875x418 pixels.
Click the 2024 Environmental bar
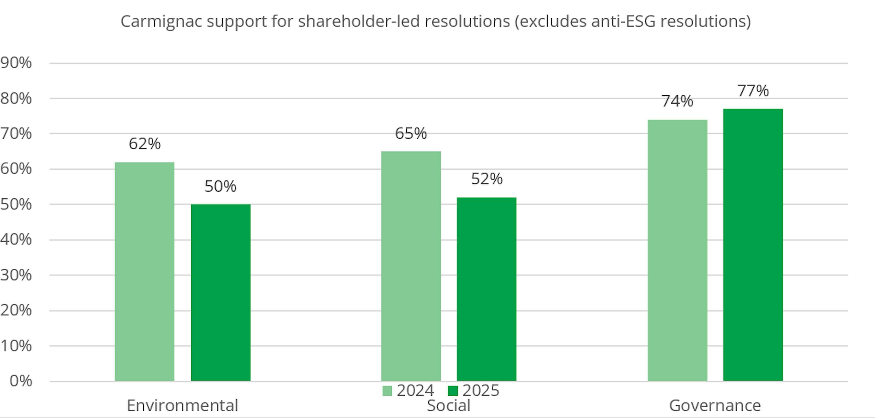click(144, 272)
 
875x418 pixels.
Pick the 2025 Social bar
click(486, 289)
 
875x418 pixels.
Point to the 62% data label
click(144, 144)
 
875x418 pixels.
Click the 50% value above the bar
click(220, 186)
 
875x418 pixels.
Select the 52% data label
click(486, 179)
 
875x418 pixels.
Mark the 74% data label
click(677, 101)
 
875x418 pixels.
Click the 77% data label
click(753, 91)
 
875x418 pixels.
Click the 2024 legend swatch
click(387, 391)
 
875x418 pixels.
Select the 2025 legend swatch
click(453, 391)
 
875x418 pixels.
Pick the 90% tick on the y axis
click(16, 63)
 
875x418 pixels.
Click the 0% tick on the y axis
click(21, 381)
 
